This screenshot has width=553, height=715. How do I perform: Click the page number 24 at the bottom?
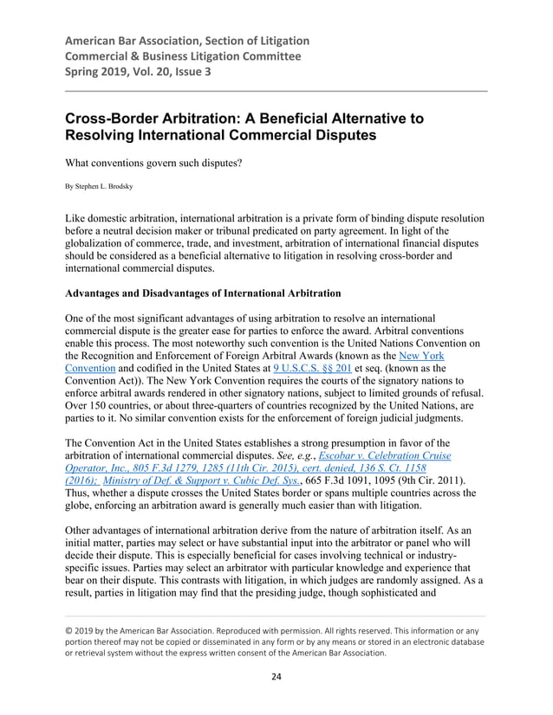[x=276, y=677]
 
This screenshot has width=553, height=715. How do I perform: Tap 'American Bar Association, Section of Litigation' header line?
[x=187, y=42]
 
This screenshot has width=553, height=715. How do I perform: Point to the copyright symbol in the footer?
[x=69, y=630]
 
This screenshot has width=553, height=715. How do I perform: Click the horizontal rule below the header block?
[x=276, y=91]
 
